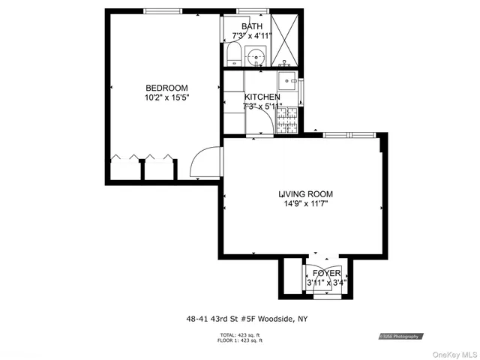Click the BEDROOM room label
tap(166, 88)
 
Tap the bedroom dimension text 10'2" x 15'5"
tap(166, 97)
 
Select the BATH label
tap(252, 26)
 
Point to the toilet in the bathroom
tap(232, 55)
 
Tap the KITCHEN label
tap(262, 97)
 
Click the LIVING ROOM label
tap(306, 194)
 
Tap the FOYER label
tap(326, 273)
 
